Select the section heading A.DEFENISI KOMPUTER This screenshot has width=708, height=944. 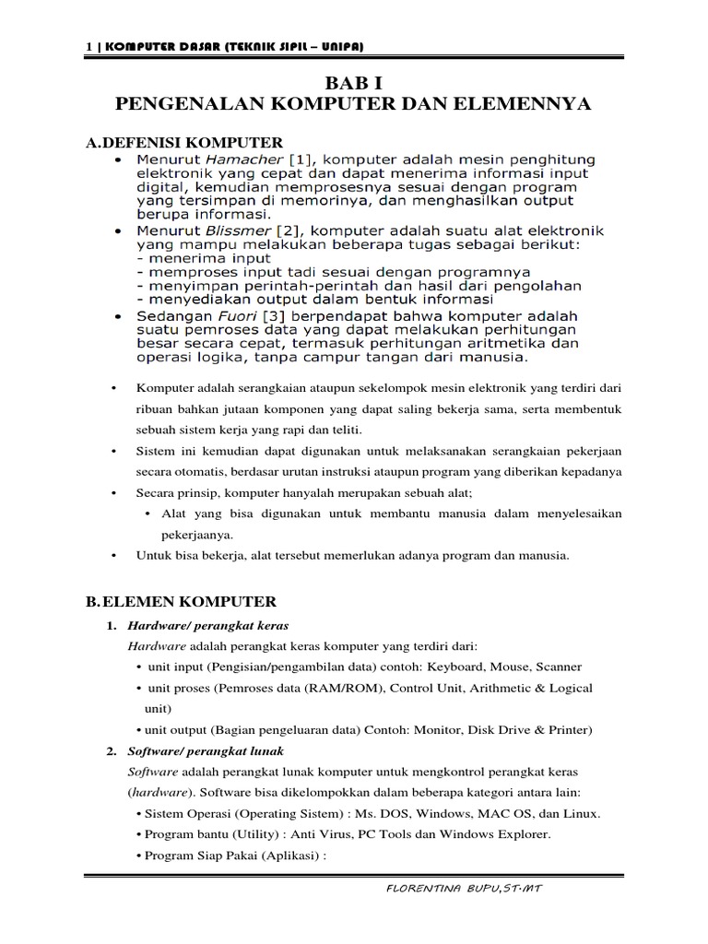click(183, 143)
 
